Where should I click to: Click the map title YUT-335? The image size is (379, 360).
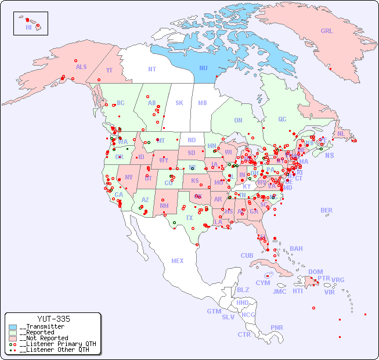(53, 319)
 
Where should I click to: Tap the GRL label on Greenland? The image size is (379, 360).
(327, 31)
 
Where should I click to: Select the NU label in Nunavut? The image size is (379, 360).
(203, 68)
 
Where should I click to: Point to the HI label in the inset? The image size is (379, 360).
(28, 27)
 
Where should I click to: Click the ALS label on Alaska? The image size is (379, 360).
(81, 67)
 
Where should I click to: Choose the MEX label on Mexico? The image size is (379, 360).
(178, 261)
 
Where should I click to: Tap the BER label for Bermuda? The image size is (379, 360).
(326, 210)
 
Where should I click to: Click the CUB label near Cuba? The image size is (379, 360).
(247, 255)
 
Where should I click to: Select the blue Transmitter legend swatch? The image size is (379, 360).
(13, 327)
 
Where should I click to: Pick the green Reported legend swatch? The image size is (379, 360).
(13, 333)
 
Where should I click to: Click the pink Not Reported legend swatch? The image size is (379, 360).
(13, 339)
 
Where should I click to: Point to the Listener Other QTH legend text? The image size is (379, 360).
(56, 350)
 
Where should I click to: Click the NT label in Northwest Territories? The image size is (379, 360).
(151, 69)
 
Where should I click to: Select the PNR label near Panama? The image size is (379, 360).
(277, 327)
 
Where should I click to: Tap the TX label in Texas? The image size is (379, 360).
(189, 218)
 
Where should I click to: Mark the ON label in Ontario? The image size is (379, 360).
(238, 120)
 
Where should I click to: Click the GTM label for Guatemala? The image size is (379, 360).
(214, 311)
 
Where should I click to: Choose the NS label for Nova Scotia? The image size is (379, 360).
(329, 155)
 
